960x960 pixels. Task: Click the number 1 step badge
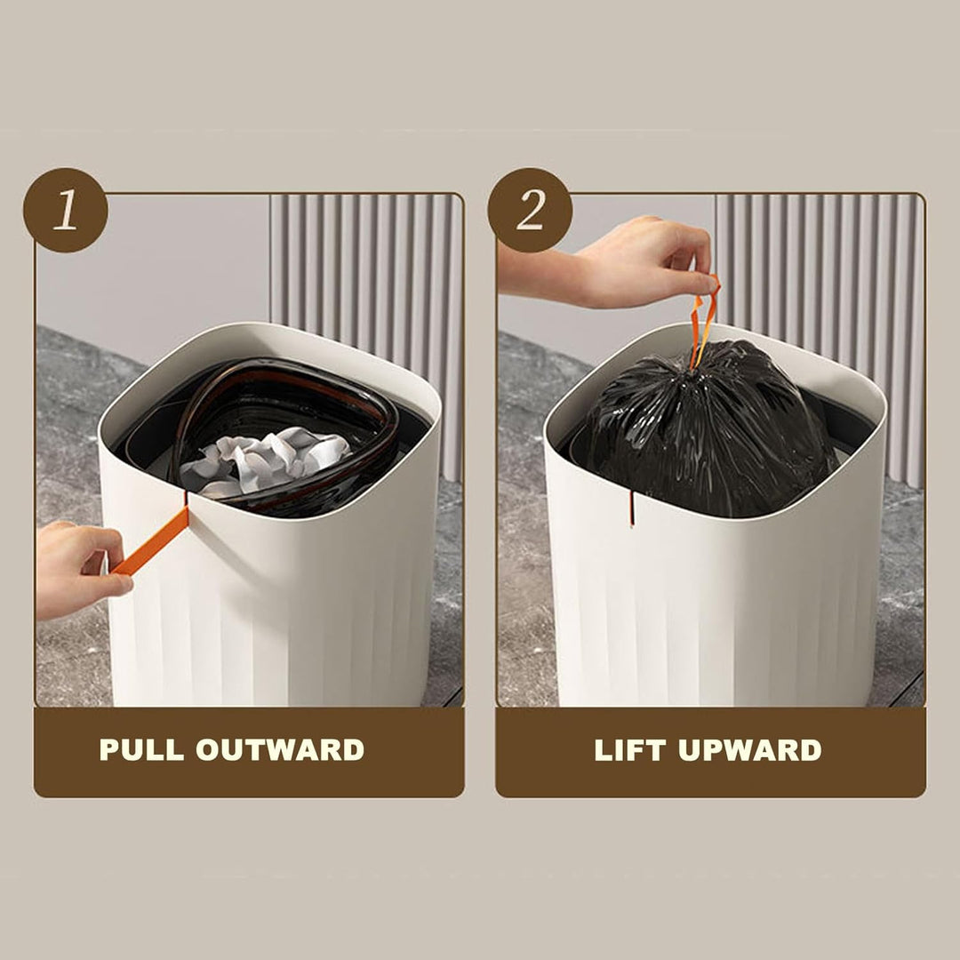pyautogui.click(x=66, y=210)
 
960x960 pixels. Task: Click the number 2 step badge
pyautogui.click(x=530, y=210)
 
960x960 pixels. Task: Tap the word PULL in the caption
pyautogui.click(x=141, y=750)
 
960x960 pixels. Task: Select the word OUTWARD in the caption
pyautogui.click(x=280, y=750)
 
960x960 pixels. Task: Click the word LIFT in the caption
pyautogui.click(x=629, y=750)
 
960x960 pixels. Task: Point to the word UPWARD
pyautogui.click(x=750, y=750)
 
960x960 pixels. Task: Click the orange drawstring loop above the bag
pyautogui.click(x=703, y=322)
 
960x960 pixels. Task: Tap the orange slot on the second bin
pyautogui.click(x=631, y=508)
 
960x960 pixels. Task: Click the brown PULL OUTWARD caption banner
pyautogui.click(x=249, y=751)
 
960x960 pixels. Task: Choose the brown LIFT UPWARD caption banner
pyautogui.click(x=710, y=751)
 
